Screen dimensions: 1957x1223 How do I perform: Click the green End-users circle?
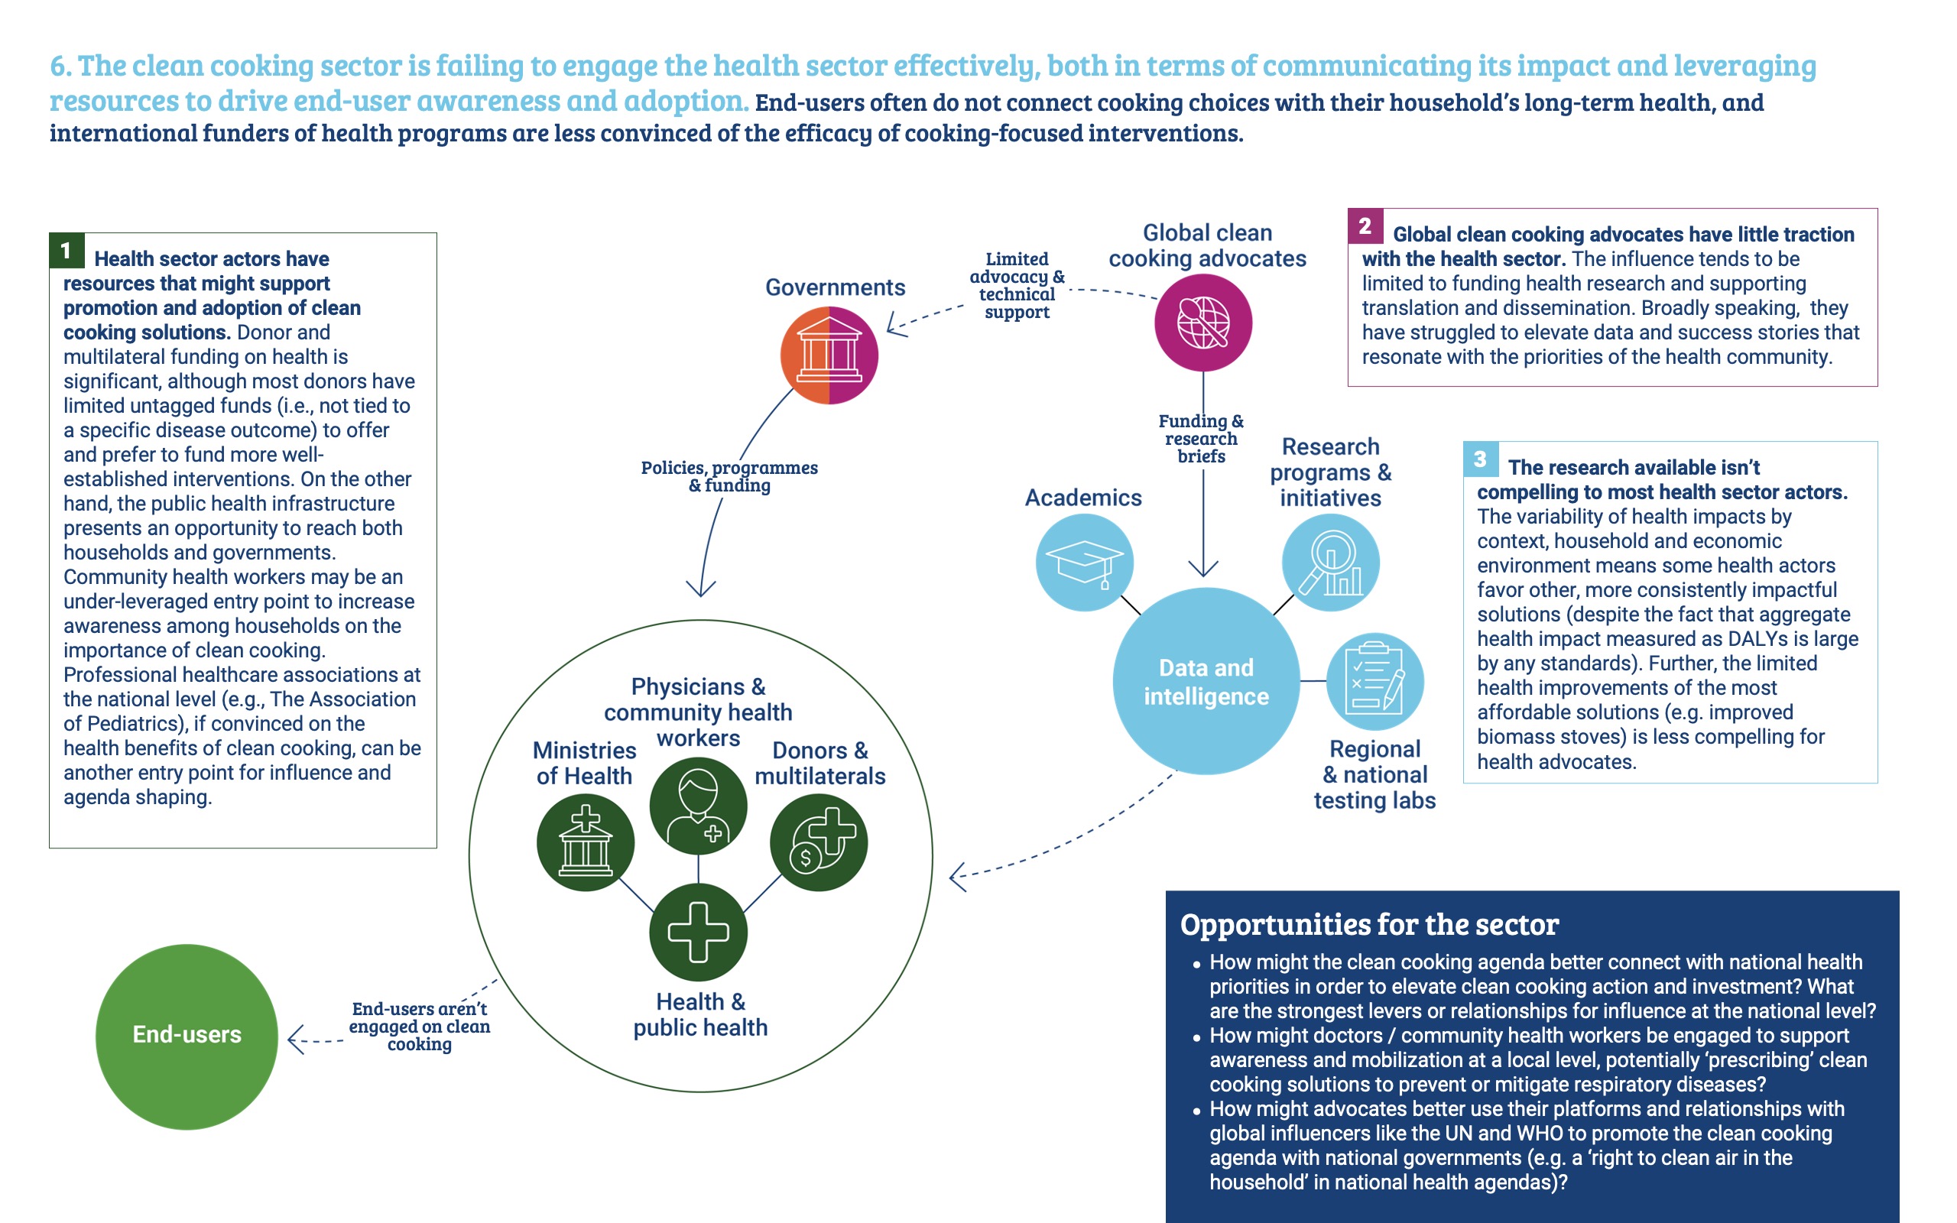tap(187, 1036)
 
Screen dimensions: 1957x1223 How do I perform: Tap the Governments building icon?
tap(829, 355)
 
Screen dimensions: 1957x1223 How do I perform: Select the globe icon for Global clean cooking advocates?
tap(1203, 322)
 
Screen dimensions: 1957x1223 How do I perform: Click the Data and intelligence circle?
tap(1206, 681)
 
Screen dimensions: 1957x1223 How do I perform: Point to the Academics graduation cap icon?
tap(1085, 562)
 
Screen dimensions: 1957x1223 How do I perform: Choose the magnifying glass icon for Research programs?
tap(1330, 562)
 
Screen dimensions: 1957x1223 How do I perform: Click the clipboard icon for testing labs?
tap(1374, 681)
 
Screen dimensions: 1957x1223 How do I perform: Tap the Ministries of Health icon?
tap(586, 842)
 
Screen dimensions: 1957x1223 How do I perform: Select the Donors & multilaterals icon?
tap(819, 842)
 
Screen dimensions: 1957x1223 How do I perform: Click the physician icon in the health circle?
tap(698, 806)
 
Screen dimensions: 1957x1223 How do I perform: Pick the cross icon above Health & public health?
tap(698, 932)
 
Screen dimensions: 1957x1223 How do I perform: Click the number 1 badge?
tap(67, 251)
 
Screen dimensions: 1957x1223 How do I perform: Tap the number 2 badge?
tap(1365, 226)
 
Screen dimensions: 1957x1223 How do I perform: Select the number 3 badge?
tap(1481, 459)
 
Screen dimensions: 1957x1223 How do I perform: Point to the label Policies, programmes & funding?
tap(729, 476)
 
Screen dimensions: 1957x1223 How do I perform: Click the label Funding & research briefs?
tap(1201, 439)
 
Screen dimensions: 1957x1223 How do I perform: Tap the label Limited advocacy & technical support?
tap(1017, 286)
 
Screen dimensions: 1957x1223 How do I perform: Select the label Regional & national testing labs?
tap(1374, 774)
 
